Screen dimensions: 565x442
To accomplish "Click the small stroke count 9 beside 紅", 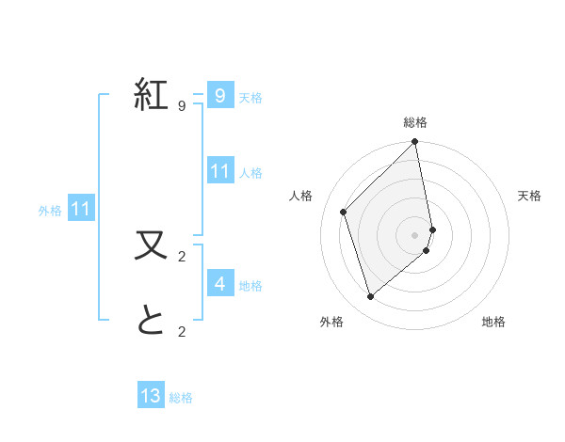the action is [x=182, y=105].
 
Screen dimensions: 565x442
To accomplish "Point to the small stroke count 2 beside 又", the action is [x=182, y=255].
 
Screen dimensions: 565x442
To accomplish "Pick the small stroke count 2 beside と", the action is [x=182, y=330].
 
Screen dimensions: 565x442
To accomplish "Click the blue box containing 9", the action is [x=219, y=95].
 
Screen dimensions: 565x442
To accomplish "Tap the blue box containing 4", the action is [x=219, y=283].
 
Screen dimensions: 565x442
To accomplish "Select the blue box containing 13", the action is [x=151, y=396].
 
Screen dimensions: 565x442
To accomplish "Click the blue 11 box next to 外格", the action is [x=80, y=209].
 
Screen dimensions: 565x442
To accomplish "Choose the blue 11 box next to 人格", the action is [x=219, y=171].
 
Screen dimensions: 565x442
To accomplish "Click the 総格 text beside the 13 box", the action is [x=181, y=398].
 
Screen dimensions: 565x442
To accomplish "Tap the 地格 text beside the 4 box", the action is [x=250, y=285].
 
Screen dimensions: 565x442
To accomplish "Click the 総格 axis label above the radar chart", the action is [x=415, y=122].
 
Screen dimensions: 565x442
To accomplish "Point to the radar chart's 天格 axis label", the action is [x=530, y=196].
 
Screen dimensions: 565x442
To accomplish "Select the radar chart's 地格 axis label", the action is [x=493, y=322].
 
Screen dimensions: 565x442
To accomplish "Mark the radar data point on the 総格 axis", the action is [x=415, y=143].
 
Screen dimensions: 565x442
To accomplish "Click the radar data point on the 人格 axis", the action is [x=344, y=212].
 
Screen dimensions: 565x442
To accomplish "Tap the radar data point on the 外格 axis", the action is [x=371, y=297].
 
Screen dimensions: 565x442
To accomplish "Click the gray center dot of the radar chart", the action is [x=415, y=234].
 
